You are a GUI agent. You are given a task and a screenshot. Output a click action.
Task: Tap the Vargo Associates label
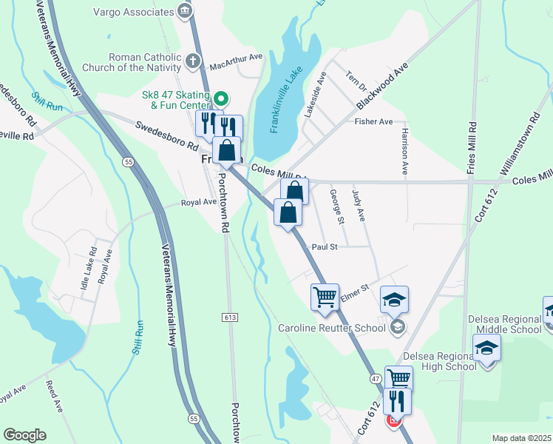point(133,12)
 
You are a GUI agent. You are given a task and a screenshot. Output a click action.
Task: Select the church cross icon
point(193,61)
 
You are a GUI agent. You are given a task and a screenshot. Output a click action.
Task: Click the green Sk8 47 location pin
point(220,98)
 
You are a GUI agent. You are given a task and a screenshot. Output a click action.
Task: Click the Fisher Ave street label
point(373,121)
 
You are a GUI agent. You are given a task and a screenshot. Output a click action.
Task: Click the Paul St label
point(325,246)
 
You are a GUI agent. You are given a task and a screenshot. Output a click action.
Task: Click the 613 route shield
point(230,317)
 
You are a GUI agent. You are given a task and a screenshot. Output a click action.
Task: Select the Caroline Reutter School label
point(332,328)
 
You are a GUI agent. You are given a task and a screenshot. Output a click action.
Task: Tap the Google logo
point(24,435)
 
